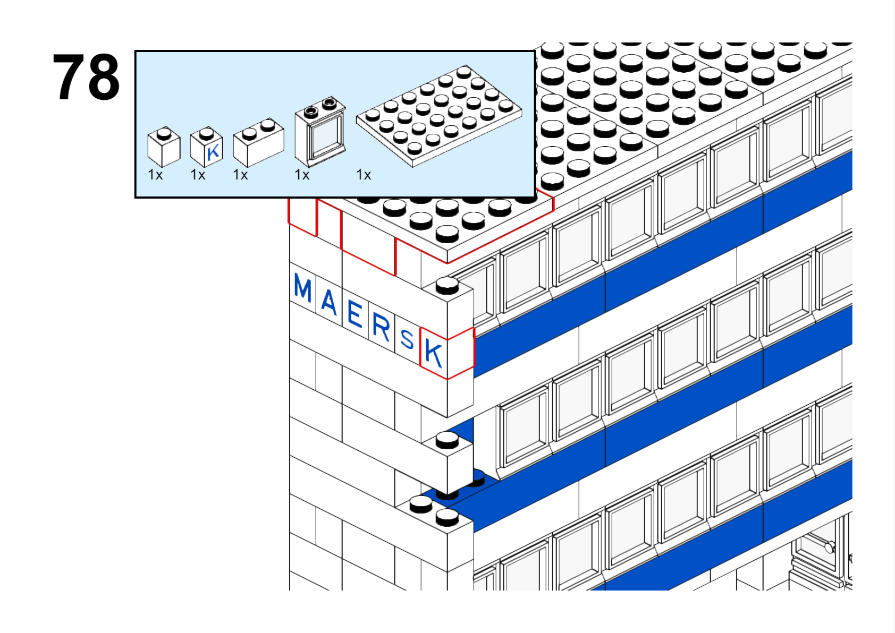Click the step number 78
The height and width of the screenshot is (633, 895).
(x=86, y=77)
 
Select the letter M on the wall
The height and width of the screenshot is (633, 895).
(x=302, y=288)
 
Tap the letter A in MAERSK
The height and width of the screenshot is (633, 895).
(x=329, y=301)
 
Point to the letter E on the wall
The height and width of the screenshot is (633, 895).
(x=355, y=314)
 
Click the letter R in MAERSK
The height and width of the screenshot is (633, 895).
(x=381, y=327)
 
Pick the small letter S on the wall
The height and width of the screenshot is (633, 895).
(x=407, y=339)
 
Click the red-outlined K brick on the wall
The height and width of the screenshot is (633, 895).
(x=447, y=353)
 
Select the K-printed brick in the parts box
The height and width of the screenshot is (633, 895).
(x=206, y=147)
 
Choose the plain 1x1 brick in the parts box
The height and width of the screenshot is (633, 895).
(x=164, y=147)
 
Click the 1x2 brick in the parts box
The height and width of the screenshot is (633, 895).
(x=258, y=142)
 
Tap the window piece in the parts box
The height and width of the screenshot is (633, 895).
(x=320, y=131)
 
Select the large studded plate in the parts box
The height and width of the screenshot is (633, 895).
(x=438, y=116)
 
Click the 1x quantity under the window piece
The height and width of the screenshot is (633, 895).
(x=302, y=175)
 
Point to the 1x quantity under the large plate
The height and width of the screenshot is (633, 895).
(x=364, y=175)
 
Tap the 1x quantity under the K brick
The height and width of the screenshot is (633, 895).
(x=198, y=175)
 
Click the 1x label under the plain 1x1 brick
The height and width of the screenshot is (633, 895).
(x=155, y=175)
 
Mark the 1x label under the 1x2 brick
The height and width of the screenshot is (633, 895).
(x=241, y=175)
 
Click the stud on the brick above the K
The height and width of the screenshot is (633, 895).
(x=447, y=285)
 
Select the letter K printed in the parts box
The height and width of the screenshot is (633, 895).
(x=213, y=152)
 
